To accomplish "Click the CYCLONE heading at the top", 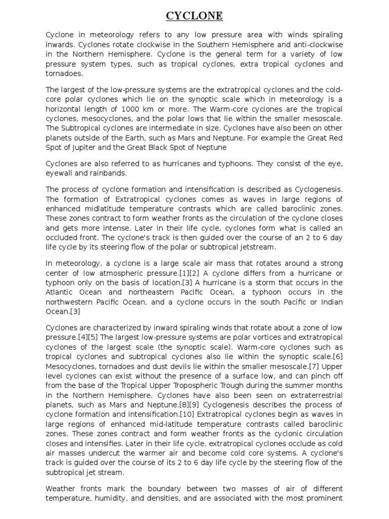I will pyautogui.click(x=194, y=17).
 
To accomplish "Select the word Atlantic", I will pyautogui.click(x=60, y=293).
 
